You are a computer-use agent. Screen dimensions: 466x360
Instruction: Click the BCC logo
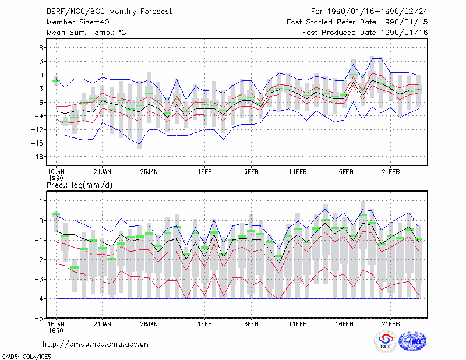point(386,341)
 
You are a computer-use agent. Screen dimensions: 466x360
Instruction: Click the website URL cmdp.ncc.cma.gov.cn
point(96,344)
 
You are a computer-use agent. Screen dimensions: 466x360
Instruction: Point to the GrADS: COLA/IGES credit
point(26,357)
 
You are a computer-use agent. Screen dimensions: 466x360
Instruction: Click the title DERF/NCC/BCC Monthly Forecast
point(109,12)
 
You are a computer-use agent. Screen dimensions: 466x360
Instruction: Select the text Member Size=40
point(78,22)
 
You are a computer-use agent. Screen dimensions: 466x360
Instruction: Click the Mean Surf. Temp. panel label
point(86,33)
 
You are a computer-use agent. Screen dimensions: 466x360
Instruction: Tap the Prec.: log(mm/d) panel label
point(79,185)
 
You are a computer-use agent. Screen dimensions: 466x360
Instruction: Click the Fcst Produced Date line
point(365,33)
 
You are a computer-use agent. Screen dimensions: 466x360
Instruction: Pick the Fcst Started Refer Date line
point(357,22)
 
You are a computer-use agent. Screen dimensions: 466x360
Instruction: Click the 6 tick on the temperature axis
point(41,48)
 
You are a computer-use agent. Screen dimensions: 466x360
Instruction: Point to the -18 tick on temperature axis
point(37,157)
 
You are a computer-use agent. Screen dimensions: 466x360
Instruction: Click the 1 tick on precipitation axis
point(41,201)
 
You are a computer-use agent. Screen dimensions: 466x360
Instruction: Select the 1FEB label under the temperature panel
point(205,172)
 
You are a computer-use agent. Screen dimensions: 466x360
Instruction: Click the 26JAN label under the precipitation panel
point(149,324)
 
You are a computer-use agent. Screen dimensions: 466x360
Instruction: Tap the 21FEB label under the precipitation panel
point(390,324)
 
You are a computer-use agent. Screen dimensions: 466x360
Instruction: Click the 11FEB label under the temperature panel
point(298,172)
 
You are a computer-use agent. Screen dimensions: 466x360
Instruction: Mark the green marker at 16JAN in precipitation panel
point(56,214)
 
